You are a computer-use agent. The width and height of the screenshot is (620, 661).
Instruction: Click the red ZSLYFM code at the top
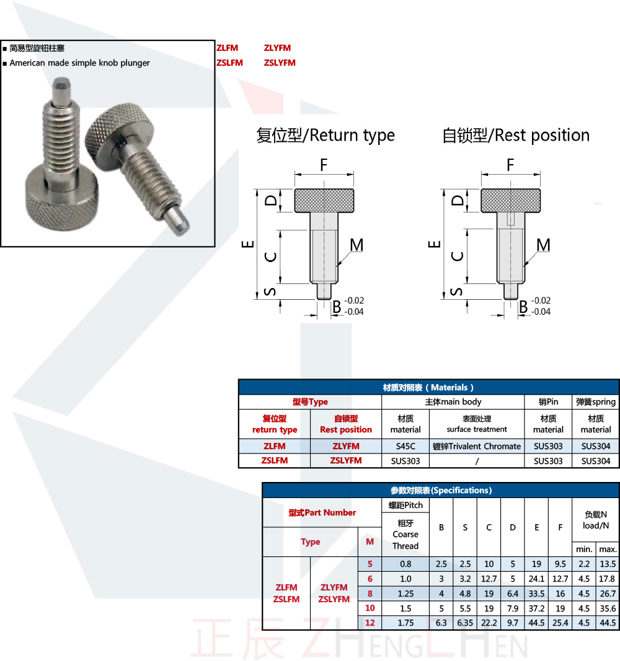[x=280, y=63]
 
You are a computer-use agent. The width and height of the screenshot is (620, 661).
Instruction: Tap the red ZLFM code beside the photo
[x=228, y=48]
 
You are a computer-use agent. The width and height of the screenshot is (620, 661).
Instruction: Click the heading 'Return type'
[x=352, y=136]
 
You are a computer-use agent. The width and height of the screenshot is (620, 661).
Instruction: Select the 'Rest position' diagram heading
[x=541, y=135]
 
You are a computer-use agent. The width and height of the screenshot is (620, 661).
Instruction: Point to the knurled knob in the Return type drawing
[x=324, y=201]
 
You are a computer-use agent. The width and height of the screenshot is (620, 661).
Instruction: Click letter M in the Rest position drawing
[x=543, y=245]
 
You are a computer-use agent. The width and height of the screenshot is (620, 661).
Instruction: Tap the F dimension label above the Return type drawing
[x=324, y=165]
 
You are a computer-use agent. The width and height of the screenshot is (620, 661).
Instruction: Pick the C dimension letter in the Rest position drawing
[x=457, y=256]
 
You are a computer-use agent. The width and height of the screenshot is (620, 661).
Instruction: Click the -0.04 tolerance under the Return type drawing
[x=354, y=312]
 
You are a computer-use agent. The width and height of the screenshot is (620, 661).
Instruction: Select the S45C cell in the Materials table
[x=405, y=446]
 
